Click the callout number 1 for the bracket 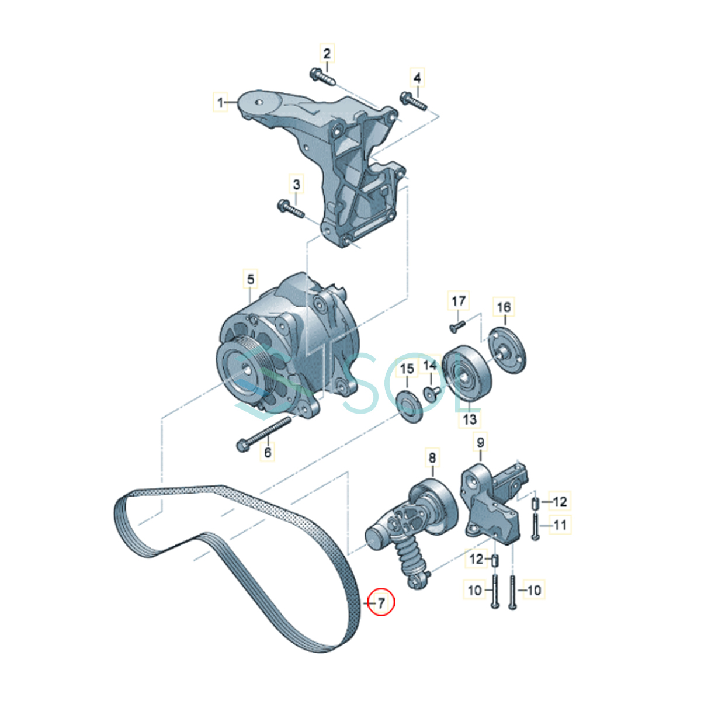[220, 102]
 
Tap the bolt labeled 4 [414, 102]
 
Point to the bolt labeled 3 [290, 210]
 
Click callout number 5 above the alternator [251, 279]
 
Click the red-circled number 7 [381, 603]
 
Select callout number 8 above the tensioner [432, 457]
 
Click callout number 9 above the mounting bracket [481, 442]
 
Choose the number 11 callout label [560, 525]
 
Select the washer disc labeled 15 [409, 407]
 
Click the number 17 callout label [459, 301]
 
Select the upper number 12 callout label [560, 502]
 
